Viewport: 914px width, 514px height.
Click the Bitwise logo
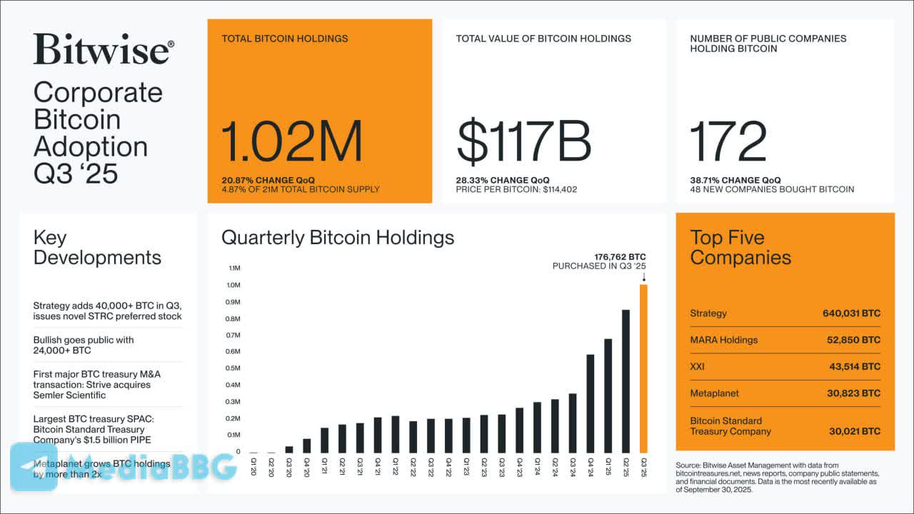pyautogui.click(x=103, y=50)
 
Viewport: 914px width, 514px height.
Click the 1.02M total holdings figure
pyautogui.click(x=291, y=141)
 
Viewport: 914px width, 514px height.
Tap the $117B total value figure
pyautogui.click(x=523, y=141)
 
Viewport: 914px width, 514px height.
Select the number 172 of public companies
pyautogui.click(x=728, y=141)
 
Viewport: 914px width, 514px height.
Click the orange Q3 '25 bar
pyautogui.click(x=643, y=368)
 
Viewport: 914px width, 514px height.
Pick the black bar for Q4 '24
pyautogui.click(x=591, y=403)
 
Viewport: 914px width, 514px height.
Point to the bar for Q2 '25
pyautogui.click(x=626, y=381)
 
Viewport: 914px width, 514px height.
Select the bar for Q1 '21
pyautogui.click(x=324, y=440)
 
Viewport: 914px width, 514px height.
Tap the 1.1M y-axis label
pyautogui.click(x=235, y=268)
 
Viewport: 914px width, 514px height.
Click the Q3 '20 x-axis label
pyautogui.click(x=289, y=466)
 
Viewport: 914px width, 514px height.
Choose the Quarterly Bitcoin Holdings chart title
pyautogui.click(x=338, y=238)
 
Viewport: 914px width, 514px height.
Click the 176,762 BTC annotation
pyautogui.click(x=620, y=257)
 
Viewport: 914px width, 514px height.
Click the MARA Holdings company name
pyautogui.click(x=723, y=340)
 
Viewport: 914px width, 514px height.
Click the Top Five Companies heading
pyautogui.click(x=740, y=248)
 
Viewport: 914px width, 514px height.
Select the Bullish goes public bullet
pyautogui.click(x=84, y=346)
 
